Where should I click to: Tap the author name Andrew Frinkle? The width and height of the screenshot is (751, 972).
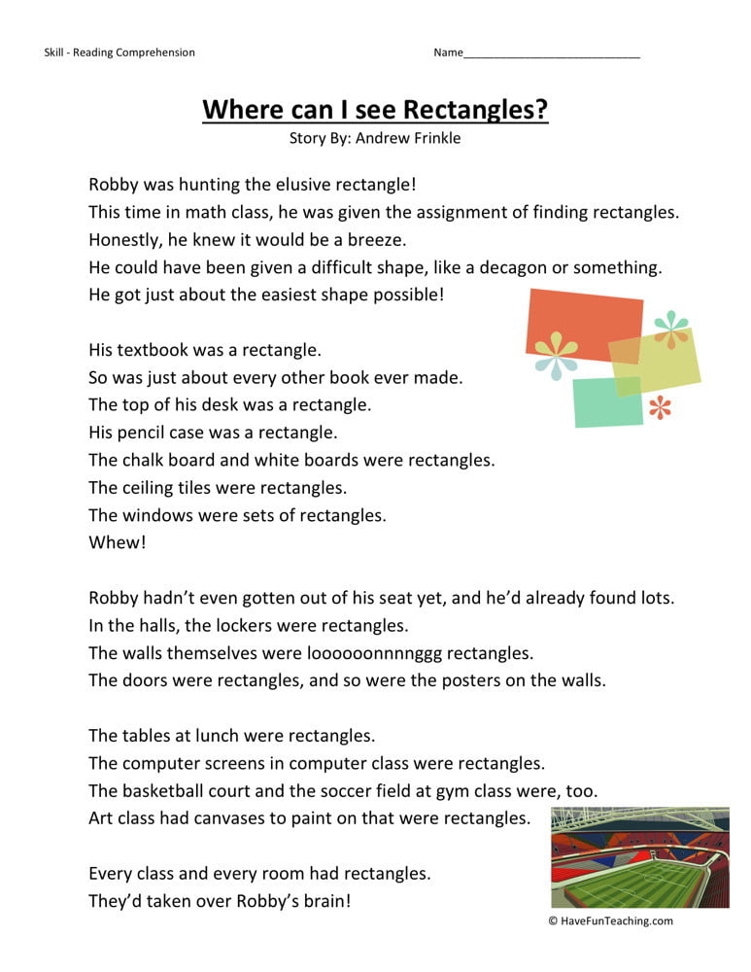(x=408, y=138)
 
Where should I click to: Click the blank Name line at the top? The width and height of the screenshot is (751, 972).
(x=552, y=52)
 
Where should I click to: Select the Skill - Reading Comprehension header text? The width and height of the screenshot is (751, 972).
(x=119, y=52)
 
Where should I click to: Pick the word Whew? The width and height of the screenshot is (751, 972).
(x=117, y=542)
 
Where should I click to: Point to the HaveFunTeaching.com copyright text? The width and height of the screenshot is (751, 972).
(x=610, y=921)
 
